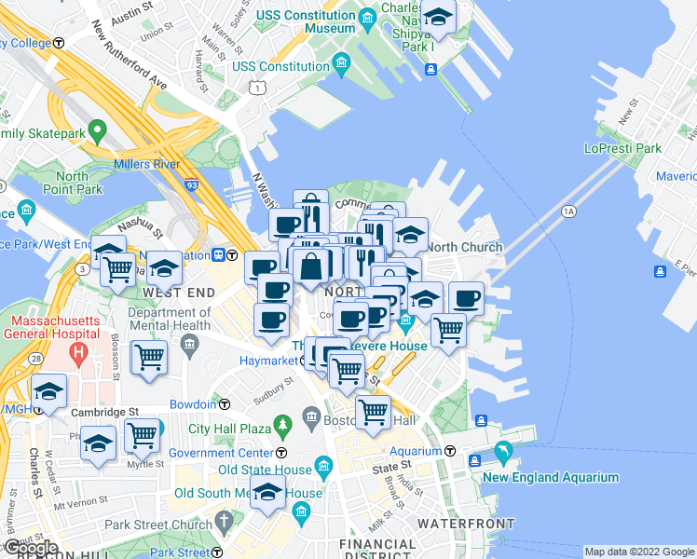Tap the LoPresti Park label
(622, 148)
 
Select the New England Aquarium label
(550, 477)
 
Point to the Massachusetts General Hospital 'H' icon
(78, 353)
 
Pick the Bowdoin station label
(194, 404)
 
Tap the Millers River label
(146, 165)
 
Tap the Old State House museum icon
(323, 465)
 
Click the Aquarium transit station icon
(450, 451)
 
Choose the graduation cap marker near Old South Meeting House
(267, 493)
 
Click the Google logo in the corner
(31, 549)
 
